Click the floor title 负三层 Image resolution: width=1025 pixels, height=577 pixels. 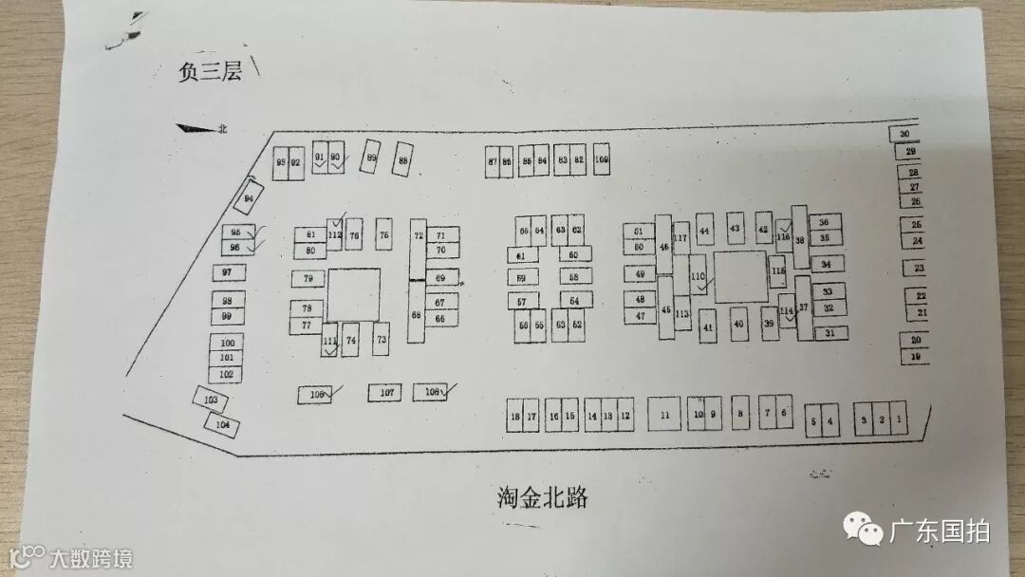[x=203, y=74]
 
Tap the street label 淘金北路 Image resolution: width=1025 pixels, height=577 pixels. [x=541, y=497]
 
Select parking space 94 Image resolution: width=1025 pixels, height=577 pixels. [x=249, y=197]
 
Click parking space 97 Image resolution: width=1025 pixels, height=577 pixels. [x=228, y=273]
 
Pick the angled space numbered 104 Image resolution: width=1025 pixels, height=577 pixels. [x=222, y=425]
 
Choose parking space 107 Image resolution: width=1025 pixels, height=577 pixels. [x=386, y=393]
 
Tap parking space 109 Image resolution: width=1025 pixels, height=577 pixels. [x=602, y=161]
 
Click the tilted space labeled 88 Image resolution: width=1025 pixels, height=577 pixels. [x=403, y=159]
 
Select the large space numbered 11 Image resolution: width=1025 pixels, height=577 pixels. [x=665, y=415]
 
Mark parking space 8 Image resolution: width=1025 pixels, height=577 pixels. [x=740, y=414]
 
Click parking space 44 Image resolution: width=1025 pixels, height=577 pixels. [x=704, y=230]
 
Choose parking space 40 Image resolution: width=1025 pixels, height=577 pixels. [x=738, y=324]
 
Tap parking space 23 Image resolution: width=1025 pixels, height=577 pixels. [x=917, y=269]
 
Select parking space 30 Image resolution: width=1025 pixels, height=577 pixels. [x=904, y=135]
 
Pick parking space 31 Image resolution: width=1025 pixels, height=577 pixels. [x=829, y=333]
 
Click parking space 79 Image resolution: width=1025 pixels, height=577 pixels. [x=308, y=279]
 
